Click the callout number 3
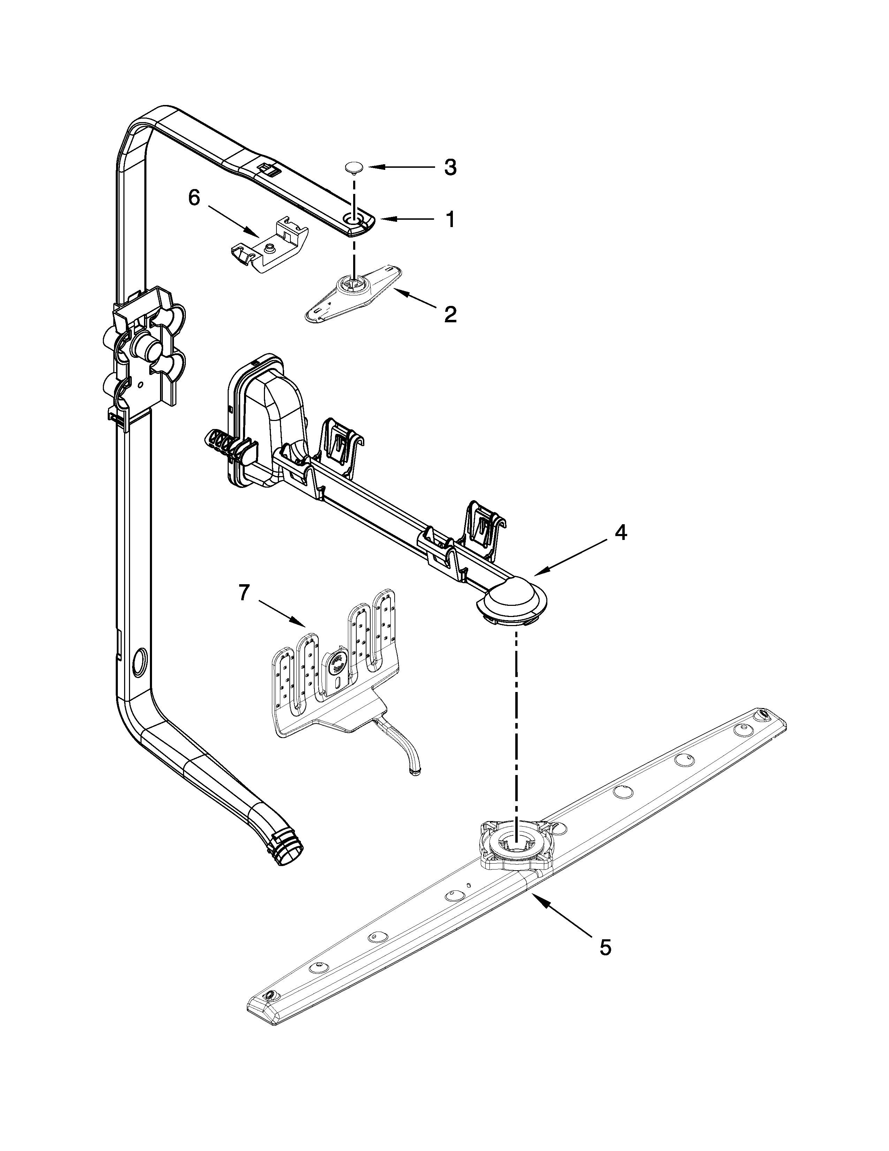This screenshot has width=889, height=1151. coord(449,167)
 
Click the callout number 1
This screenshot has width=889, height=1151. coord(449,219)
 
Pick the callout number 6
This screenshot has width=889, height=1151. coord(194,198)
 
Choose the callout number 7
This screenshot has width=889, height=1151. coord(243,593)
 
